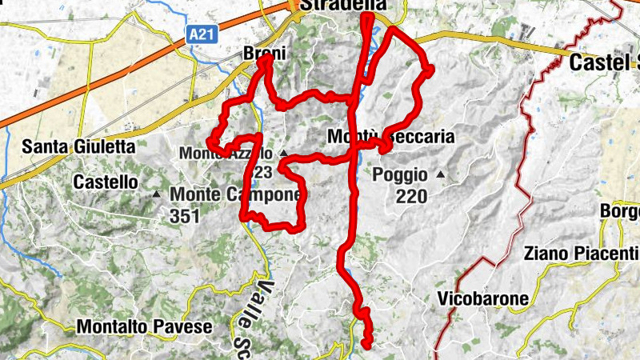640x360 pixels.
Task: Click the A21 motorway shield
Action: [x=205, y=34]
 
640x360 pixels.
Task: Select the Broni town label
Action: [x=263, y=53]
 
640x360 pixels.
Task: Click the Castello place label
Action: [x=105, y=182]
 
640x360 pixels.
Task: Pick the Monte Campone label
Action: [x=236, y=194]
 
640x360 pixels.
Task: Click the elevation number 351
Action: [x=185, y=215]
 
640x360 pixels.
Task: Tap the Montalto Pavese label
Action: [x=144, y=326]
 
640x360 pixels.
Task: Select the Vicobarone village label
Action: [x=483, y=299]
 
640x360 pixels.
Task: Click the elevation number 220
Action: [x=411, y=196]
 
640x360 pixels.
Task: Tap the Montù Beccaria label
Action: [x=391, y=138]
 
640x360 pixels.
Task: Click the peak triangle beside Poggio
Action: [x=441, y=174]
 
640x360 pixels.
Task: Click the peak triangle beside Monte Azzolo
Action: [x=283, y=152]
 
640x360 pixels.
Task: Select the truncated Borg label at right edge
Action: [x=622, y=211]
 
